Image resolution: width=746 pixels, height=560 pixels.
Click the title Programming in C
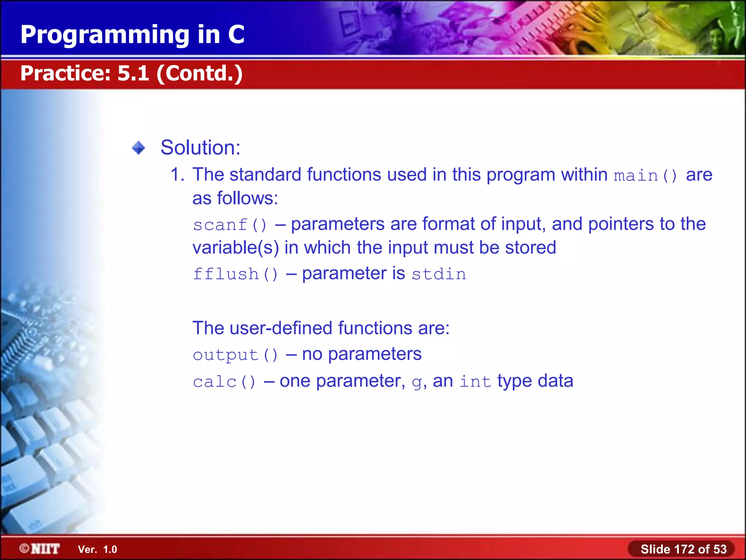click(x=132, y=35)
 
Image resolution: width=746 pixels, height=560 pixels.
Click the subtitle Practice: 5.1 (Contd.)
click(x=131, y=73)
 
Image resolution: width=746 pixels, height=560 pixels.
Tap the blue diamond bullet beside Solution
click(x=138, y=148)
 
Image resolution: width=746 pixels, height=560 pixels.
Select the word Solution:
click(x=200, y=148)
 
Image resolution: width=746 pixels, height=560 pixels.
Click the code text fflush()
click(x=235, y=274)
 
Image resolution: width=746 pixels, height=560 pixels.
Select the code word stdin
click(x=439, y=274)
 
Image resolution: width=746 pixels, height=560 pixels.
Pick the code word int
click(x=475, y=382)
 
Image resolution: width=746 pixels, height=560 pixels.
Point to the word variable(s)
click(x=235, y=248)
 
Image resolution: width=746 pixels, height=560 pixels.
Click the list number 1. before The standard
click(x=177, y=175)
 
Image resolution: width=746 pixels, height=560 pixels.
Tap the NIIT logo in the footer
click(x=40, y=549)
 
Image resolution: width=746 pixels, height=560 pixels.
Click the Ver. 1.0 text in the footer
click(x=97, y=549)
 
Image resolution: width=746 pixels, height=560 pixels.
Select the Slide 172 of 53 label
click(x=683, y=549)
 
